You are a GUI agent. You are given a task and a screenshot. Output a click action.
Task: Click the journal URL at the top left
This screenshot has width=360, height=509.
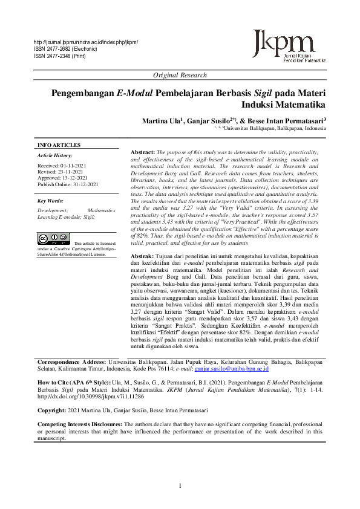[x=85, y=42]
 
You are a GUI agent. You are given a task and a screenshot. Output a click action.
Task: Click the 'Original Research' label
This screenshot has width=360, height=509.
[x=180, y=75]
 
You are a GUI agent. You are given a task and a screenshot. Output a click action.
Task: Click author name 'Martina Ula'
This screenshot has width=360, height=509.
[x=162, y=120]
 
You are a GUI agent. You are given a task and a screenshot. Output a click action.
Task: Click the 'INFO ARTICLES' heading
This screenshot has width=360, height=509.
[x=59, y=146]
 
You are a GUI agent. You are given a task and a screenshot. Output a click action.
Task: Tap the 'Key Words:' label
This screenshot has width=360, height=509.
[x=51, y=201]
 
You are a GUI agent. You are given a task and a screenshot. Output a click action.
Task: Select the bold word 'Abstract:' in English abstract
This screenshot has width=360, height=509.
[x=143, y=152]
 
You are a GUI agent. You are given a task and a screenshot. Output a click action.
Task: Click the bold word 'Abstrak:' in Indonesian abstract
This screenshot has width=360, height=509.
[x=143, y=256]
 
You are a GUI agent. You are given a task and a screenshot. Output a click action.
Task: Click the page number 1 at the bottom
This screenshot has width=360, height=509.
[x=180, y=487]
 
